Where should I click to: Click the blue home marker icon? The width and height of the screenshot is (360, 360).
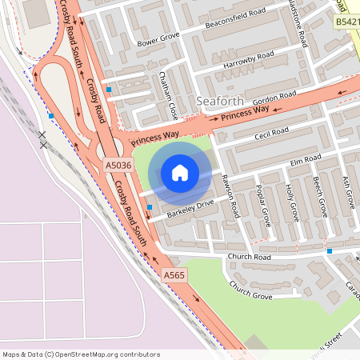[179, 173]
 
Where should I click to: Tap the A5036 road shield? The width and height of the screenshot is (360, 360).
[118, 166]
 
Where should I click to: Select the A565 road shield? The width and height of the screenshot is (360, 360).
[175, 275]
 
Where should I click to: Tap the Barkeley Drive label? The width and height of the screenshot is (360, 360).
[190, 209]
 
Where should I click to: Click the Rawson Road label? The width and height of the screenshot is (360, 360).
[230, 196]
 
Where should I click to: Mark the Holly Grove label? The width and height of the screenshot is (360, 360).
[291, 202]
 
